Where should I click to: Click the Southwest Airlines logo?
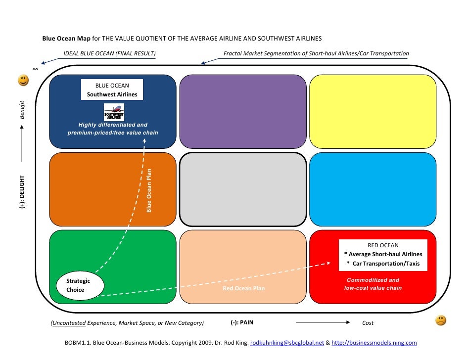(x=114, y=111)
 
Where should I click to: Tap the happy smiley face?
(x=23, y=80)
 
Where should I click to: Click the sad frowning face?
(x=440, y=320)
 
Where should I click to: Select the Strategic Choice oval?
(x=80, y=285)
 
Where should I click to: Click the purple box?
(x=242, y=111)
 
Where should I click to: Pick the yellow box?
(x=373, y=111)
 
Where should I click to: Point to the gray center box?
(x=242, y=189)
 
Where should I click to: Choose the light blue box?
(x=373, y=189)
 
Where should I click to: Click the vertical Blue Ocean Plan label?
(x=149, y=191)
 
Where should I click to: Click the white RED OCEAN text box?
(x=383, y=254)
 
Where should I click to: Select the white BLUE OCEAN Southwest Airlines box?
(x=112, y=90)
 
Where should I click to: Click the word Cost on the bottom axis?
(x=368, y=323)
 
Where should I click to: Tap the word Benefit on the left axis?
(x=21, y=110)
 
